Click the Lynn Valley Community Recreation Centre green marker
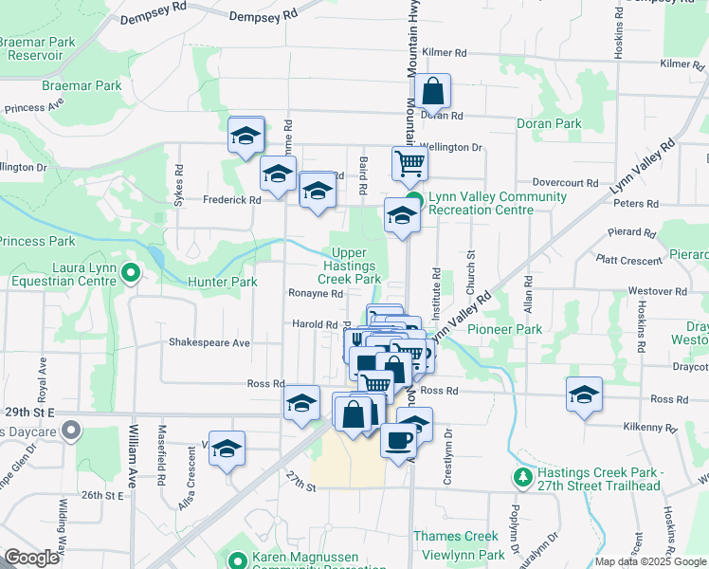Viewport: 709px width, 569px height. [x=414, y=199]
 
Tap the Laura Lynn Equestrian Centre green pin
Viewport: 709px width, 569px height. [x=132, y=274]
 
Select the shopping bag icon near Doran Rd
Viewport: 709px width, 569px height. [x=432, y=93]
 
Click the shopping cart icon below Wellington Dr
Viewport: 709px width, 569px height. [x=409, y=163]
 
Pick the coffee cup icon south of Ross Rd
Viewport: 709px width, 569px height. [x=397, y=439]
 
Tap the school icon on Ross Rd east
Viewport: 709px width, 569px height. [x=584, y=395]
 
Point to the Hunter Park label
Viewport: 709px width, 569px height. [x=223, y=282]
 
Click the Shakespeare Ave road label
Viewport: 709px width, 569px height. [x=209, y=342]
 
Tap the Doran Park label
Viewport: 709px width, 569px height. [x=549, y=123]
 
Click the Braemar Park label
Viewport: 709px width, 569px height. [x=82, y=85]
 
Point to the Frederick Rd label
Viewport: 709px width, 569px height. [x=231, y=200]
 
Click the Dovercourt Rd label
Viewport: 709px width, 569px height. [x=566, y=182]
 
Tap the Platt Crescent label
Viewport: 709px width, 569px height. [x=628, y=258]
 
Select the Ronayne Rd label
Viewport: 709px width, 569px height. [x=315, y=294]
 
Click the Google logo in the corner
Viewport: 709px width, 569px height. [x=32, y=558]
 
